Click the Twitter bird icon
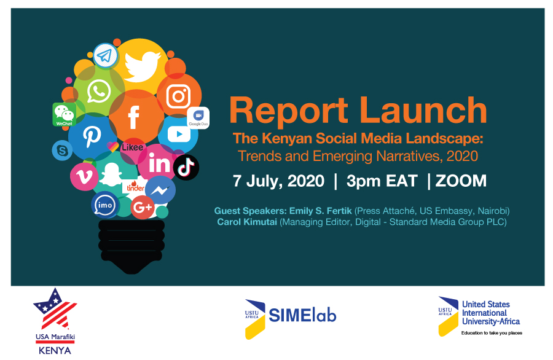pos(143,66)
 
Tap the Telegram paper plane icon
pos(105,56)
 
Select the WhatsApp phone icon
pos(99,91)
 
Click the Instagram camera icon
pos(178,96)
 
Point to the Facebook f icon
pos(133,117)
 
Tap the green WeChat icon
pos(64,115)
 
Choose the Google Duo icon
pos(198,117)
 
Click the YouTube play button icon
pos(179,134)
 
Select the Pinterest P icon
pos(92,136)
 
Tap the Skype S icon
pos(62,151)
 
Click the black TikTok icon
pos(186,168)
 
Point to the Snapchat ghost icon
pos(111,174)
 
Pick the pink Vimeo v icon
pos(84,176)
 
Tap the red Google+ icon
pos(143,207)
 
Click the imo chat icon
pos(104,205)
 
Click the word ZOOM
pos(461,181)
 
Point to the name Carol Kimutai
pos(247,222)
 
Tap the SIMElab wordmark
pos(302,315)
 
